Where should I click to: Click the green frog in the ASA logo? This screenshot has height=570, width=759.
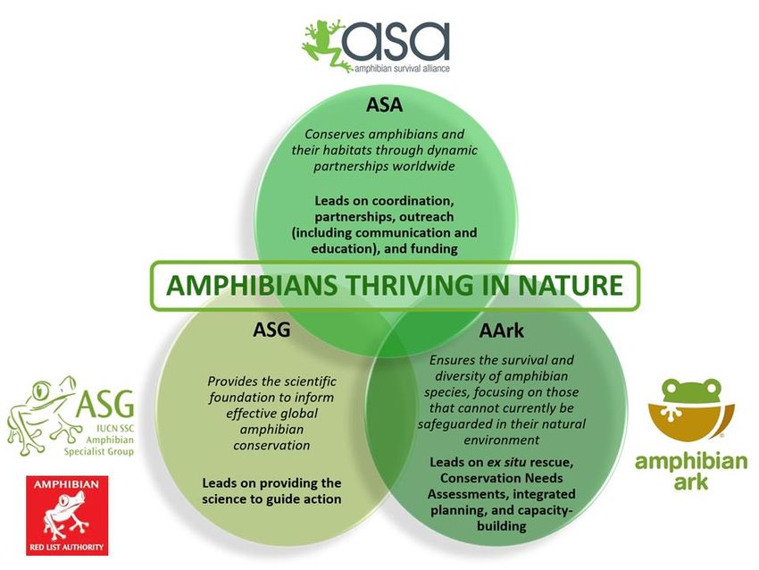(325, 45)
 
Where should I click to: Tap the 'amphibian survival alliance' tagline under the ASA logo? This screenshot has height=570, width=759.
(402, 68)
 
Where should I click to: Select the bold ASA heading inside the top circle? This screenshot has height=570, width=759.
(384, 105)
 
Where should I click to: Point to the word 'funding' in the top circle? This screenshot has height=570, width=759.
(434, 249)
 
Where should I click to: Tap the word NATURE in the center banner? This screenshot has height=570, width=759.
(571, 285)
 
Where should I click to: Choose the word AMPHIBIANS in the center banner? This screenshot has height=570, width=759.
(252, 285)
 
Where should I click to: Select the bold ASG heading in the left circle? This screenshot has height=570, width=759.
(271, 330)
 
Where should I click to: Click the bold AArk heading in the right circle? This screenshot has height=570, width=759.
(502, 331)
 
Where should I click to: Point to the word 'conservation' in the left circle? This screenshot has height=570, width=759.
(271, 446)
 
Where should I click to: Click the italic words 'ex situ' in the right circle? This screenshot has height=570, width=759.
(506, 463)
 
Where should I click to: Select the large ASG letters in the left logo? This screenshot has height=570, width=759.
(105, 405)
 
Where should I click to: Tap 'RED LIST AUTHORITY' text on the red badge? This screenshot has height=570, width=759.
(67, 548)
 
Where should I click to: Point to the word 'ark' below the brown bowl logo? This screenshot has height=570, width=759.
(691, 482)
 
